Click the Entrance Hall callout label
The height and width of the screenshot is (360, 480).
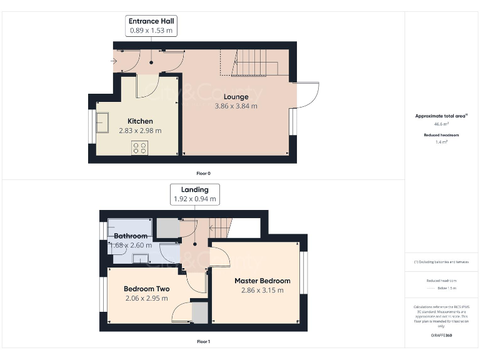point(151,21)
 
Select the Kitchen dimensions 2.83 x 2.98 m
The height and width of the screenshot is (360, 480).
point(141,131)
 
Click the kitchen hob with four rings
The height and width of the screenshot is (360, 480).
point(140,148)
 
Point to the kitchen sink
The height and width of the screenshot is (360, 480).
point(102,123)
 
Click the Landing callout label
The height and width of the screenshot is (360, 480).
point(195,189)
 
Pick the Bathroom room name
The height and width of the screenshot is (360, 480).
point(130,236)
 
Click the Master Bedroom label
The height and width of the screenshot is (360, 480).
point(262,281)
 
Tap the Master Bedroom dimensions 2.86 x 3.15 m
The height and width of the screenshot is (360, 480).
point(262,290)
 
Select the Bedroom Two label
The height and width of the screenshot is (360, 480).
point(146,289)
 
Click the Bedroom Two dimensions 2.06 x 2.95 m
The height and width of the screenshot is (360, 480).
point(146,298)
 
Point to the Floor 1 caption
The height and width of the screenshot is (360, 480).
point(203,342)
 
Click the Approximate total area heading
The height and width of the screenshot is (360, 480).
point(441,116)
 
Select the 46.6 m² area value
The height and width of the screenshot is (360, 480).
point(441,124)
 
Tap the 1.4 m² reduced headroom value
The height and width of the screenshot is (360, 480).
point(441,142)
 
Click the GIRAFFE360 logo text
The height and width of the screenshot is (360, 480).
point(441,336)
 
